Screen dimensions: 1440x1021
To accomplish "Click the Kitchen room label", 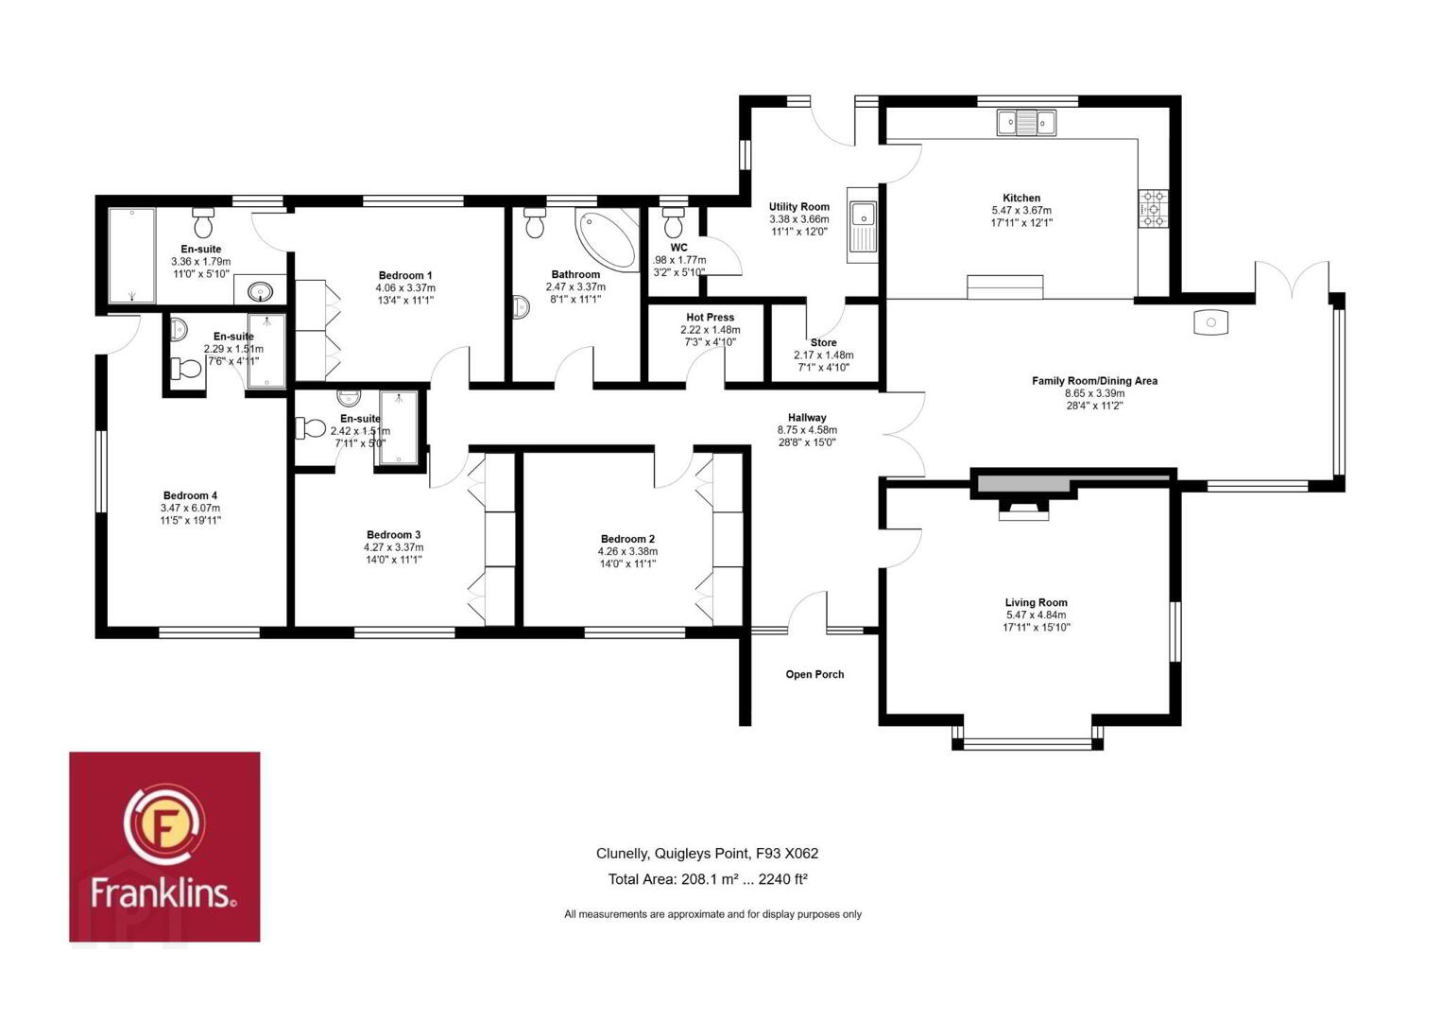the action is click(1021, 199).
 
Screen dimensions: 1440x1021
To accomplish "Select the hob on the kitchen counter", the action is click(1154, 208).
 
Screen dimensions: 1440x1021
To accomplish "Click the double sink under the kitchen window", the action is click(1026, 122).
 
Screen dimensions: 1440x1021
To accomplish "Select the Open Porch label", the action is click(814, 674).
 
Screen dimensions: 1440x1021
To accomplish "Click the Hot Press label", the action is click(710, 318).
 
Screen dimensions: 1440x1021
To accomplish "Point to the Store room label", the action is click(824, 342).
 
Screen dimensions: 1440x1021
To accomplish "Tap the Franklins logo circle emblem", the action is click(164, 826).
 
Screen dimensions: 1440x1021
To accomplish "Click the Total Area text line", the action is click(708, 879).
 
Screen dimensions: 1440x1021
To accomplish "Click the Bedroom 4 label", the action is click(190, 495).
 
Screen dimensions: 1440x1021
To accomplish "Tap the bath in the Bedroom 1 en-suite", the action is click(131, 254).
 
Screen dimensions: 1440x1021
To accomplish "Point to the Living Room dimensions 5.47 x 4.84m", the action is click(1037, 615).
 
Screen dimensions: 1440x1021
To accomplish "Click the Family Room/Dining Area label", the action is click(1095, 381).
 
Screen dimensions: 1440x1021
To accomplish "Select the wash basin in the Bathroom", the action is click(522, 307).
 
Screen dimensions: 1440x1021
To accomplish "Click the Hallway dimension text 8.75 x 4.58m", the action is click(808, 430).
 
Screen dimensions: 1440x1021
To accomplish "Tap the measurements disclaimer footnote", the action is click(713, 914).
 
